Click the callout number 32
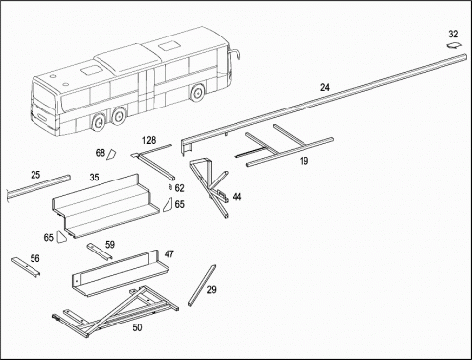pos(453,34)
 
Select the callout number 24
pos(325,87)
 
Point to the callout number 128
pos(149,141)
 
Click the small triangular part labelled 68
pos(111,154)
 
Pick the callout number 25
pos(35,175)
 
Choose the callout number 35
pos(94,177)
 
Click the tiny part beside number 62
pos(170,187)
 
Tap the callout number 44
pos(236,197)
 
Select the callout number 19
pos(304,161)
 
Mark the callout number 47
pos(169,254)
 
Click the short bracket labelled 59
pos(99,251)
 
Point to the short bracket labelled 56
pos(26,267)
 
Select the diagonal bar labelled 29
pos(202,285)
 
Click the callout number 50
pos(137,327)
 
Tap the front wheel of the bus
pos(197,93)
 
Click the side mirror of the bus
pos(236,54)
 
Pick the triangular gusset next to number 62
pos(168,205)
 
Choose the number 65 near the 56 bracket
pos(48,237)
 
